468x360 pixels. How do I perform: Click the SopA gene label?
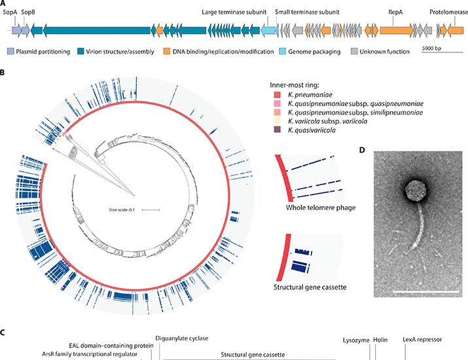pos(10,12)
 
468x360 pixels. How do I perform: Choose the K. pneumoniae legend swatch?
pos(275,96)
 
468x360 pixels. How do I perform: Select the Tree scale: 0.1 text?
pos(122,209)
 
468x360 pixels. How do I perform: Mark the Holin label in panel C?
pos(380,340)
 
